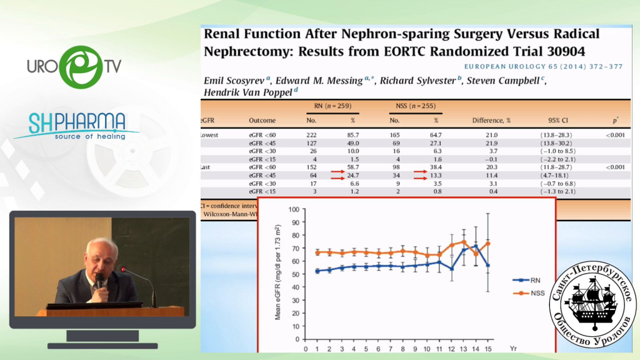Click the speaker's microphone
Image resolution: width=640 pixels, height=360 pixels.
point(99,281)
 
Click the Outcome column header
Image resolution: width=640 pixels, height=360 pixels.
point(262,119)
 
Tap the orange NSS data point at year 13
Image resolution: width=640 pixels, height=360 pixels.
point(463,242)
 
